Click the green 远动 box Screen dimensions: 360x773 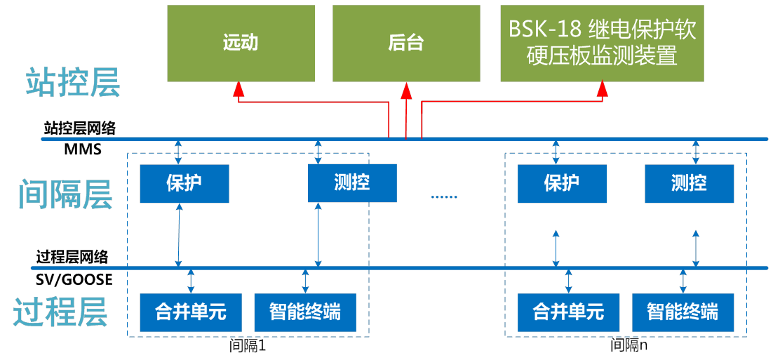click(x=241, y=43)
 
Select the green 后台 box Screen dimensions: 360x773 click(x=406, y=43)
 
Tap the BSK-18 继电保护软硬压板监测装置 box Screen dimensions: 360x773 click(x=602, y=43)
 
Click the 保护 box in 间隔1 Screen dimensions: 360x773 click(x=184, y=183)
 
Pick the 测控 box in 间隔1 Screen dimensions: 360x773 click(x=352, y=183)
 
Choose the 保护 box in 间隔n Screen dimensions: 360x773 click(x=562, y=183)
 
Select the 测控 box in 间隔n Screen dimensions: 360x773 click(x=689, y=183)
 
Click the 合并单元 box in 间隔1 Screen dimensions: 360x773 click(x=184, y=312)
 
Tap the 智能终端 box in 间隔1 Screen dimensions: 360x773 click(x=305, y=312)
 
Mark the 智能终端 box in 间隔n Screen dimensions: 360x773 click(x=683, y=312)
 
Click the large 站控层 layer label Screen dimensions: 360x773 click(x=73, y=82)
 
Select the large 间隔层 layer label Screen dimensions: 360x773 click(x=65, y=194)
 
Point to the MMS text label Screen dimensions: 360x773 click(x=83, y=149)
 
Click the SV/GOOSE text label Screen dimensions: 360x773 click(x=74, y=279)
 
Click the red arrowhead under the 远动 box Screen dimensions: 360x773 click(x=238, y=89)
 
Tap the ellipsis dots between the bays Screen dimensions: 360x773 click(x=443, y=197)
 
